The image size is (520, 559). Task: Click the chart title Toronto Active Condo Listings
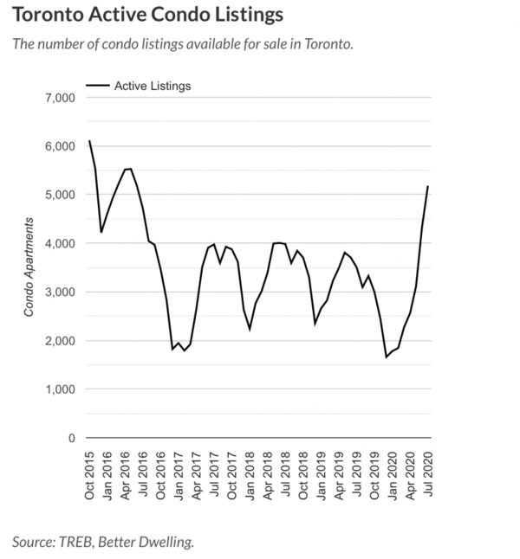(x=147, y=16)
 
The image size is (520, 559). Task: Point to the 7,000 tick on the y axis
(x=60, y=98)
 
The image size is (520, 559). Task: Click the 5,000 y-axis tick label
(x=60, y=196)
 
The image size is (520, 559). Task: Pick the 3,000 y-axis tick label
(x=60, y=292)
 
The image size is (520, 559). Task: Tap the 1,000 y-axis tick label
(x=60, y=389)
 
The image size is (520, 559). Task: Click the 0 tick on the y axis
(x=72, y=438)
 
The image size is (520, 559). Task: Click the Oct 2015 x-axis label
(x=90, y=475)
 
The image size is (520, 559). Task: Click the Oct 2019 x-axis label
(x=374, y=475)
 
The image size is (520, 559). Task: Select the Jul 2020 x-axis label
(x=428, y=475)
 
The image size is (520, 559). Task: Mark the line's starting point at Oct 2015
(x=89, y=141)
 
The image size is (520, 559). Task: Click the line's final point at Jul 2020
(x=428, y=187)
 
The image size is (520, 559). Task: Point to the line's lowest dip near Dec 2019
(x=387, y=357)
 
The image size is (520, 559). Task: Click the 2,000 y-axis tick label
(x=60, y=341)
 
